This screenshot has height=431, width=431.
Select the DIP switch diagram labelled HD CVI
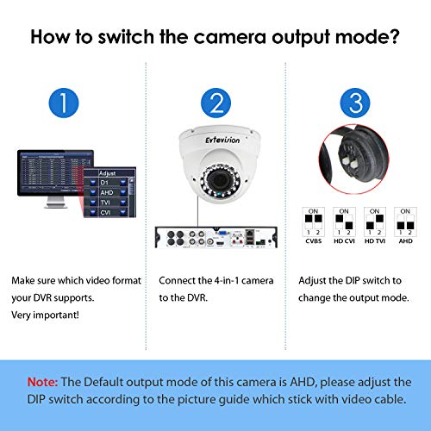point(343,222)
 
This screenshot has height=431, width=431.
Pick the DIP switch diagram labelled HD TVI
point(374,222)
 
